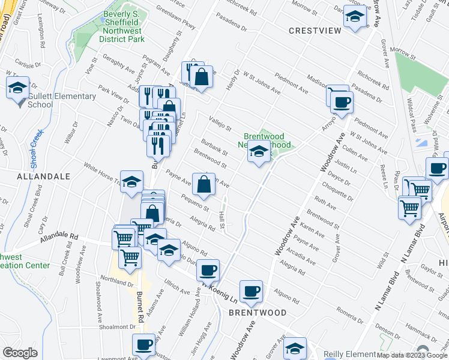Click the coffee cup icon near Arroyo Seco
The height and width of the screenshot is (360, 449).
[x=341, y=101]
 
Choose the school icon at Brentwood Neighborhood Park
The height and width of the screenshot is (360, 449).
[x=259, y=153]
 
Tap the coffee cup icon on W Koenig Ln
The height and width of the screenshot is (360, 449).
[x=208, y=271]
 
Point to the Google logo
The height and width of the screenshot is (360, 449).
[x=20, y=353]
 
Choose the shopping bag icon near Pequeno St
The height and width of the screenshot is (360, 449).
[x=203, y=185]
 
